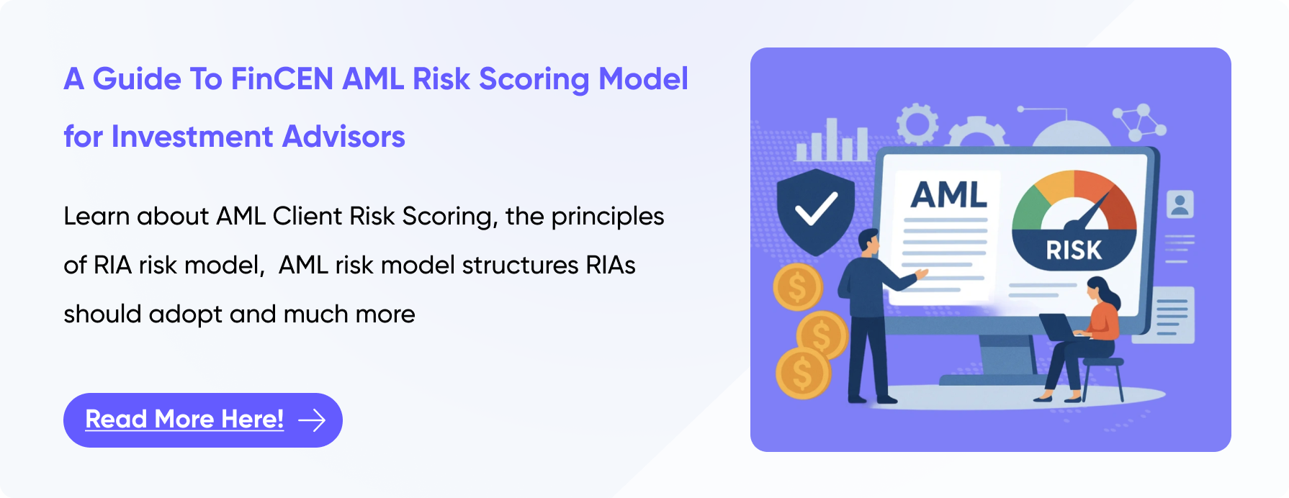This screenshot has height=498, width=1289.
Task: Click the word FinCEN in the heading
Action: pos(282,78)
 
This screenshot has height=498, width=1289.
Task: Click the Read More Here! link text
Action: pos(184,419)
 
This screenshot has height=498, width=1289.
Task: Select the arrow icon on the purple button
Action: pos(312,420)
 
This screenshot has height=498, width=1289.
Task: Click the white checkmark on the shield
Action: pos(816,208)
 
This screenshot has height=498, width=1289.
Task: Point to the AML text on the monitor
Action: pos(948,194)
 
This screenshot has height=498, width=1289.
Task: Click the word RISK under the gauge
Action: pos(1074,250)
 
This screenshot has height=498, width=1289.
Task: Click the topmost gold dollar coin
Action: pos(798,287)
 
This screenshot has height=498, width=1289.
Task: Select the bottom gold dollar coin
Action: pos(803,373)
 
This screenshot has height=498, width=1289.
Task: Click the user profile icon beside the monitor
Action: pos(1180,204)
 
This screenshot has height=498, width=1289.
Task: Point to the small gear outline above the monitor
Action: pos(917,124)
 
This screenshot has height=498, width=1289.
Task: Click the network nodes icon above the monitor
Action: pos(1139,122)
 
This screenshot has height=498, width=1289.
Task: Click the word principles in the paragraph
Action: pos(608,217)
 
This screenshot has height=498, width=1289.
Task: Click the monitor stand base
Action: pos(1008,380)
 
